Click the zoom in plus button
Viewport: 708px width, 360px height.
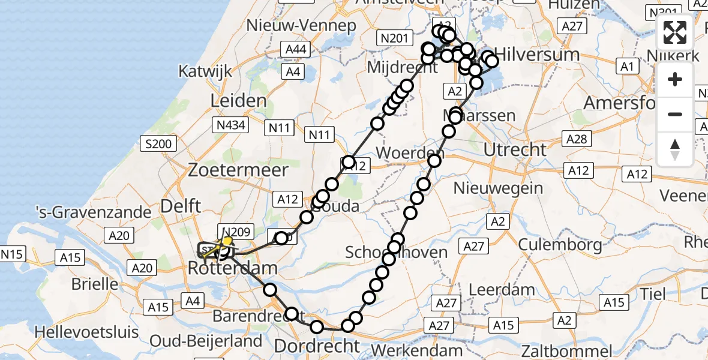pyautogui.click(x=675, y=79)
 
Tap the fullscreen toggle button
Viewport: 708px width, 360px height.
pyautogui.click(x=675, y=33)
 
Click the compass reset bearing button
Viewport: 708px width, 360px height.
pyautogui.click(x=675, y=149)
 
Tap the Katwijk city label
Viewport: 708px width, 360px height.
pyautogui.click(x=205, y=71)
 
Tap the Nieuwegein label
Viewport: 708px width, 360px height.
pyautogui.click(x=498, y=188)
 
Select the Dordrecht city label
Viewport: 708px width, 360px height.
pyautogui.click(x=317, y=346)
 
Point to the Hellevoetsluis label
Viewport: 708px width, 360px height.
pyautogui.click(x=87, y=331)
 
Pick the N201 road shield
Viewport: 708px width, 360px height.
pyautogui.click(x=395, y=39)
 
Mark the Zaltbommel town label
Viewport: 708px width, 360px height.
pyautogui.click(x=568, y=350)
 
